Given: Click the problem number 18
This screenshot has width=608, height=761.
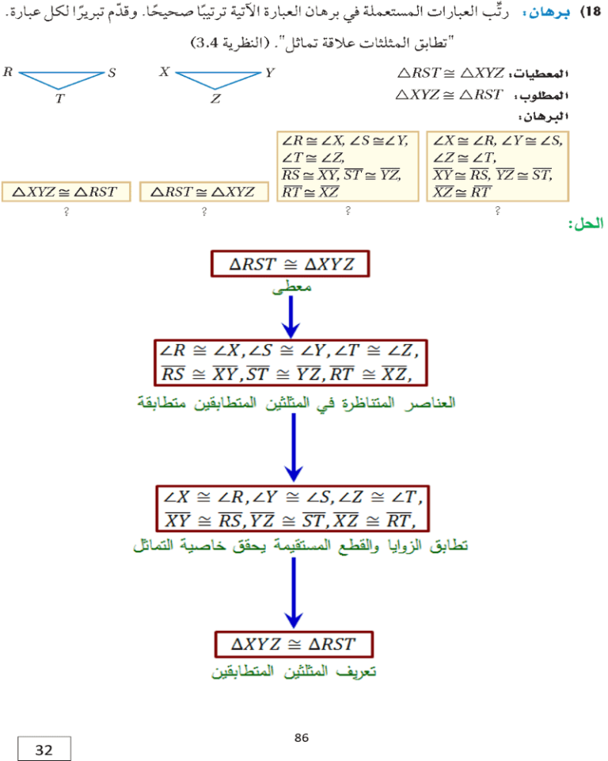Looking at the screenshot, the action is click(x=591, y=11).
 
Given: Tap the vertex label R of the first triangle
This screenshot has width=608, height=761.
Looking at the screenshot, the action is click(x=8, y=72).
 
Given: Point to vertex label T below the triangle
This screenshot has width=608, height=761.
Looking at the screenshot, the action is click(x=59, y=98).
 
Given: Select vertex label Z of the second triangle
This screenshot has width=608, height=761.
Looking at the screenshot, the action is click(x=216, y=98).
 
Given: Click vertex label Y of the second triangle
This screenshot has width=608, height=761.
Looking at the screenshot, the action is click(x=270, y=73).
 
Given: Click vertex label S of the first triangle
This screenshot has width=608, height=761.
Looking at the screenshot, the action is click(x=112, y=73).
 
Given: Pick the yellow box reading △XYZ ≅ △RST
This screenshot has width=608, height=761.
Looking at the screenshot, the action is click(x=66, y=192).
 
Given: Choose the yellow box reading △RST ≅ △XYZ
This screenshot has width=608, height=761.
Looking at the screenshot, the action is click(x=203, y=192).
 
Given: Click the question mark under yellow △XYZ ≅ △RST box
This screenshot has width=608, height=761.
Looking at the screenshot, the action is click(x=66, y=211).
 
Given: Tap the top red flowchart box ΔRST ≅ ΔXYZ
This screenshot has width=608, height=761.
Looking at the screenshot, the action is click(x=290, y=264).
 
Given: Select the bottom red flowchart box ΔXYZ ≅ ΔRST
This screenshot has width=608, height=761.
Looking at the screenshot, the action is click(x=294, y=644).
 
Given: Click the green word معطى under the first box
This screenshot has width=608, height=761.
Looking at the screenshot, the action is click(x=291, y=287).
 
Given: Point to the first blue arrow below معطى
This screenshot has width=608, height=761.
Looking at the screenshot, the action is click(x=291, y=317).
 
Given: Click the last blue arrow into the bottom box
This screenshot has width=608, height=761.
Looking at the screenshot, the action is click(x=294, y=593).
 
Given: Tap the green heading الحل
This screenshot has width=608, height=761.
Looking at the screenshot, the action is click(x=586, y=224).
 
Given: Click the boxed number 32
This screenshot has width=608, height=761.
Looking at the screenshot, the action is click(x=44, y=749).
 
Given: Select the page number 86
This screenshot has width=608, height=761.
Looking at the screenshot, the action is click(x=301, y=738).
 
